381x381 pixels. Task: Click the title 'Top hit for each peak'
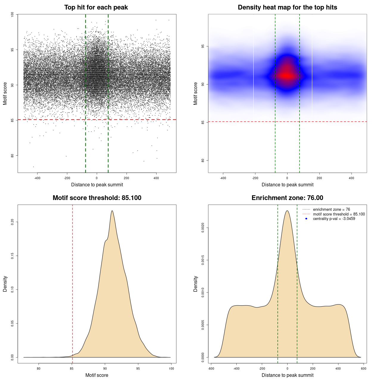point(96,7)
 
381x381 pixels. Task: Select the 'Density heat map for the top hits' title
point(287,7)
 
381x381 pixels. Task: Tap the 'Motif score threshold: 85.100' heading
point(97,198)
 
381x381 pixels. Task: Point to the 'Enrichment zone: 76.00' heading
point(287,198)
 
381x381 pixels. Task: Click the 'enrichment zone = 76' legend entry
point(331,210)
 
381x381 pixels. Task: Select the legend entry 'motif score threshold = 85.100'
point(339,214)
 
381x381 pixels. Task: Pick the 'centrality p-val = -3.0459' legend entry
point(334,219)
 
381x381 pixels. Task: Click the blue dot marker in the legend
point(306,219)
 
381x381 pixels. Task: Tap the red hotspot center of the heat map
point(287,76)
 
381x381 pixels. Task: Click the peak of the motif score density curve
point(112,211)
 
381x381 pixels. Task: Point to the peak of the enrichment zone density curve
point(287,211)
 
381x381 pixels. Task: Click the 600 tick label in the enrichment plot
point(363,368)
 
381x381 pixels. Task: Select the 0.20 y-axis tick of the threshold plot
point(12,222)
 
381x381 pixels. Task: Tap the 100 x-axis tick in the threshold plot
point(171,368)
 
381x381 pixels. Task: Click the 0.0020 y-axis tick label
point(203,228)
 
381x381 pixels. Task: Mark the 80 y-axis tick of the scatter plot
point(12,155)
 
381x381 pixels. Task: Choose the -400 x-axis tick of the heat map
point(223,178)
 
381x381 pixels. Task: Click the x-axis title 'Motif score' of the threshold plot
point(97,375)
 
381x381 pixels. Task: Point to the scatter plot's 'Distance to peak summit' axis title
point(97,185)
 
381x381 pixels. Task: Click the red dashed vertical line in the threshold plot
point(72,283)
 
